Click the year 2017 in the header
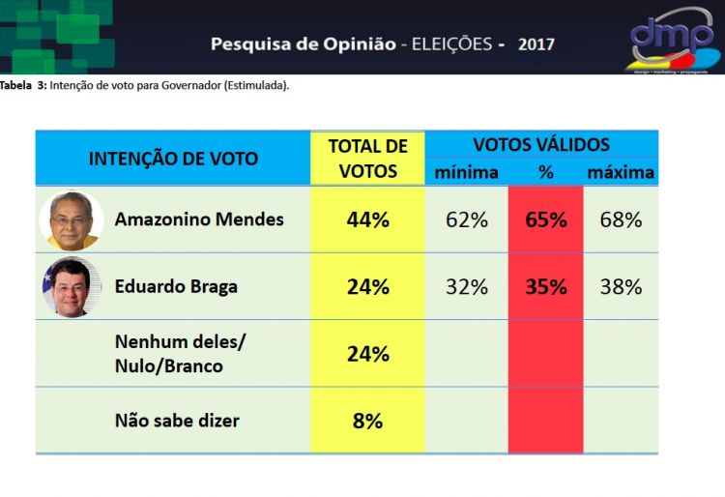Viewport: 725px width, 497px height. pyautogui.click(x=536, y=44)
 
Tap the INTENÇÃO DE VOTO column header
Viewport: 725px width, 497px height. pyautogui.click(x=173, y=159)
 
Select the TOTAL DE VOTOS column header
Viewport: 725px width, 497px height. pyautogui.click(x=367, y=159)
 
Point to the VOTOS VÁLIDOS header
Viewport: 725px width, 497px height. pyautogui.click(x=541, y=145)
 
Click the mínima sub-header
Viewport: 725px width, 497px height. pyautogui.click(x=467, y=173)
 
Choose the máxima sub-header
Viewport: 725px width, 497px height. pyautogui.click(x=621, y=173)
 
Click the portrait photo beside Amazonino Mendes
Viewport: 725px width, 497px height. pyautogui.click(x=72, y=220)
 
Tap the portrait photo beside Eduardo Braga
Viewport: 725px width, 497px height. pyautogui.click(x=72, y=287)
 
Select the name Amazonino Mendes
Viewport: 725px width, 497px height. pyautogui.click(x=199, y=219)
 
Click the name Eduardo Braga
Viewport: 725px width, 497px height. pyautogui.click(x=176, y=287)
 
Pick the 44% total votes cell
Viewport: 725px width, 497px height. pyautogui.click(x=367, y=219)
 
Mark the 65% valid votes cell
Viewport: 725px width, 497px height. pyautogui.click(x=545, y=219)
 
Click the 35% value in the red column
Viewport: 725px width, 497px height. pyautogui.click(x=545, y=287)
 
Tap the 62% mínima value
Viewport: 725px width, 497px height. pyautogui.click(x=467, y=219)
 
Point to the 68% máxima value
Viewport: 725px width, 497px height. pyautogui.click(x=621, y=219)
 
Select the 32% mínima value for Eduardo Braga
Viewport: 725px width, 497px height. pyautogui.click(x=467, y=287)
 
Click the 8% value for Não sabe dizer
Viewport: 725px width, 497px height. pyautogui.click(x=367, y=421)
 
